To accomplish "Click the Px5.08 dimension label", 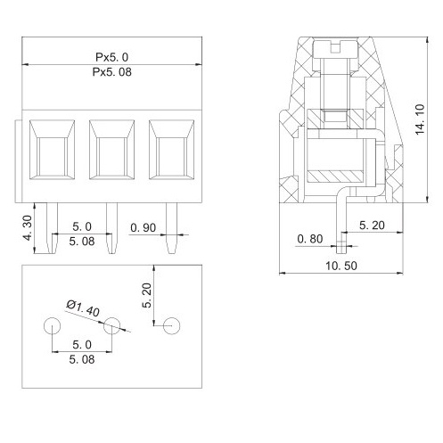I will coord(112,73).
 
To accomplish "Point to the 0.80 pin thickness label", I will coord(310,238).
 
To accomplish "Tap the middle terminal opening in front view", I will coord(111,152).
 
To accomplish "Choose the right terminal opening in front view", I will coord(169,152).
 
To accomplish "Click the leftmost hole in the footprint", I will coord(52,326).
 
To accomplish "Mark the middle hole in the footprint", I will coord(111,326).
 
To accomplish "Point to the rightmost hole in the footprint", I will coord(171,326).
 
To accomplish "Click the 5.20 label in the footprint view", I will coord(148,294).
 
